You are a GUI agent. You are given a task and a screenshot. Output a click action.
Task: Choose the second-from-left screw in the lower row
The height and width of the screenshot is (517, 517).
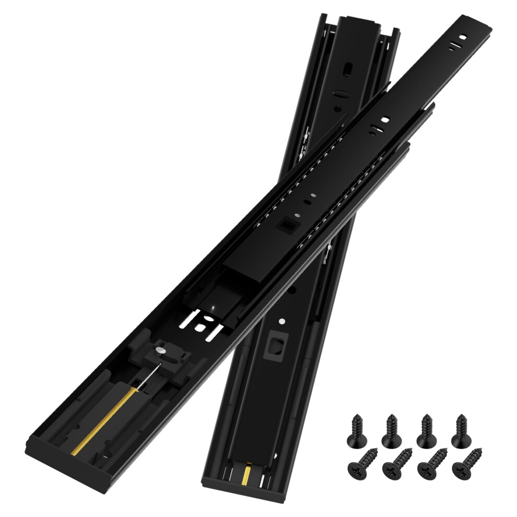pyautogui.click(x=396, y=463)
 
